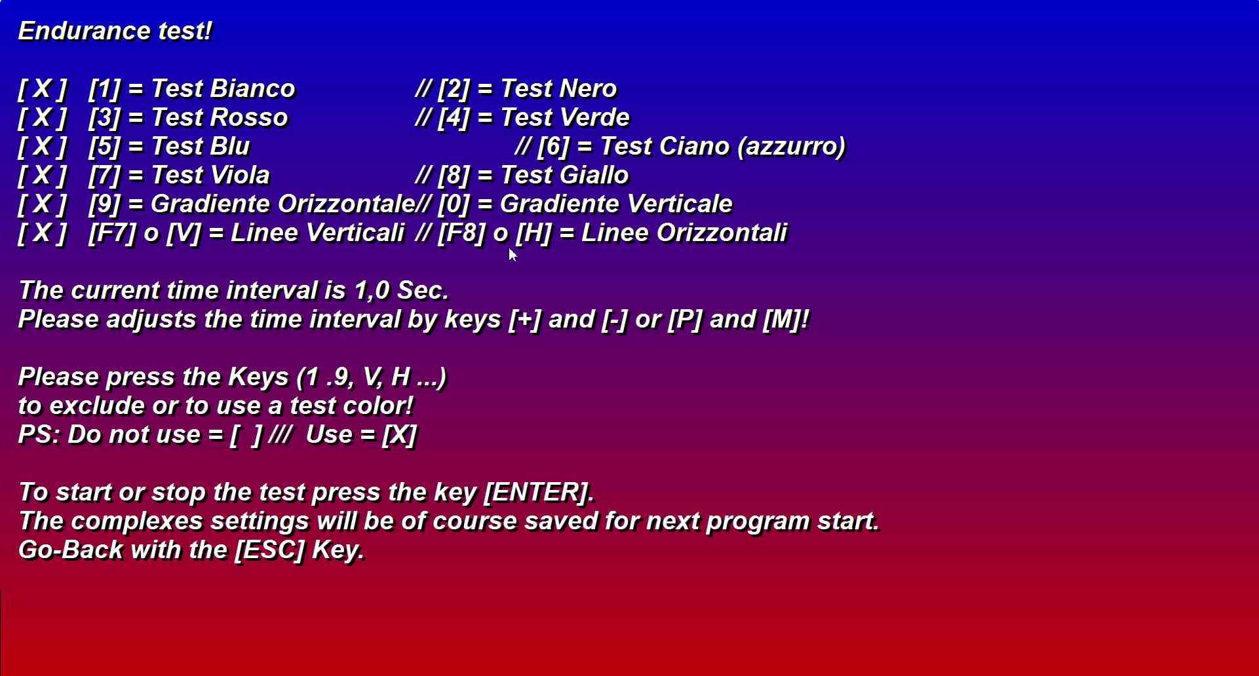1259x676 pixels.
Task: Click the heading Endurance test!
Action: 115,31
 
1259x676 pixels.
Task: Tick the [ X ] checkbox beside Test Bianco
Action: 43,88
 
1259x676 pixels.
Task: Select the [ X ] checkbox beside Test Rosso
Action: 43,117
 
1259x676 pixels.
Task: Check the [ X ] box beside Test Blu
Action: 43,146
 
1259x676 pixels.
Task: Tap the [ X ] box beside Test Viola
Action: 43,175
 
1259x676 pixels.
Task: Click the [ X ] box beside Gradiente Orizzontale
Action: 43,204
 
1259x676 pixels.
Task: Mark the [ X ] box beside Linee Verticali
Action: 43,233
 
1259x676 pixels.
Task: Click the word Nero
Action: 588,88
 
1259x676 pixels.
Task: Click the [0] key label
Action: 454,204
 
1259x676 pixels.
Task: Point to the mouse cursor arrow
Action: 513,255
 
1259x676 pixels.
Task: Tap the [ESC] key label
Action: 270,550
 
